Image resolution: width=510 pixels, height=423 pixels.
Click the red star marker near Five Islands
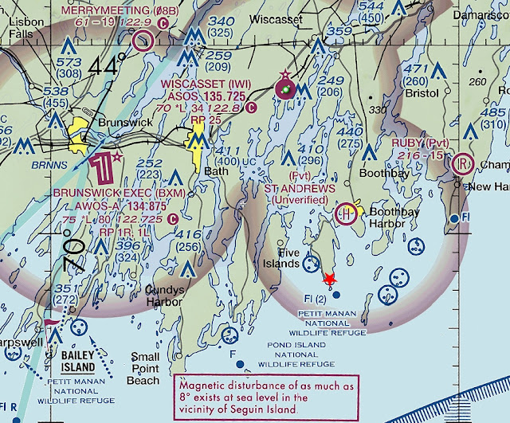[x=328, y=279]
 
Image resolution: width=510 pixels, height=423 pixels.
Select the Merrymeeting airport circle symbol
[x=143, y=41]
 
